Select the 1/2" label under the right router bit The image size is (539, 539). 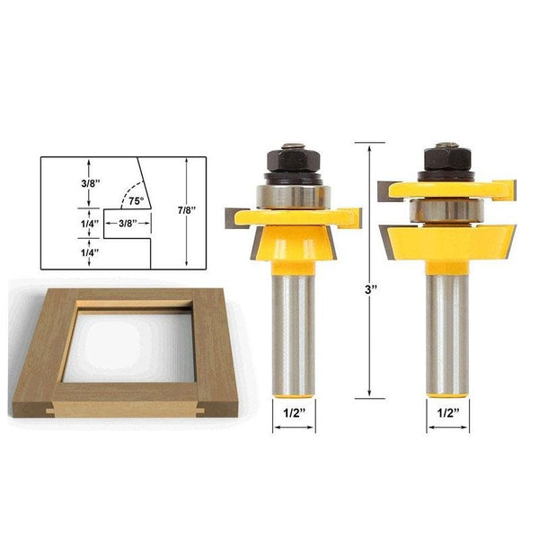(446, 415)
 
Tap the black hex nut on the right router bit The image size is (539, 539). (447, 160)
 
